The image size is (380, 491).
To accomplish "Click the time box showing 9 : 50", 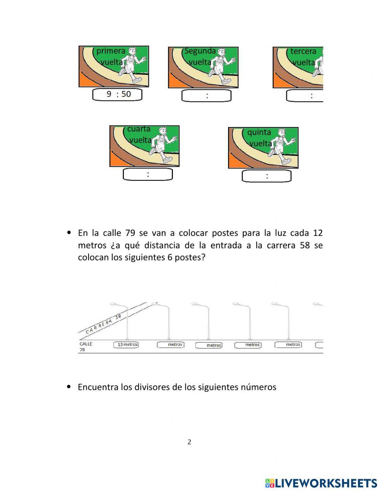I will [117, 94].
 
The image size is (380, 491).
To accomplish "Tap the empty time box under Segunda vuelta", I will [206, 96].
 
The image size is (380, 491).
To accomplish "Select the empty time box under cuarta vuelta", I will [148, 175].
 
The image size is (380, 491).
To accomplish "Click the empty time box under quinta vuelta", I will [267, 176].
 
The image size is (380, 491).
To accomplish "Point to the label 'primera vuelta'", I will [111, 56].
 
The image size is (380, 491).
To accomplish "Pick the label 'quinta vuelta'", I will [260, 138].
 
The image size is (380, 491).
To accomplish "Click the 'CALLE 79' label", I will [85, 346].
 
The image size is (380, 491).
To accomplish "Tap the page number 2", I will [189, 442].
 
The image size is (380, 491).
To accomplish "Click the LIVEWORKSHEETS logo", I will [321, 483].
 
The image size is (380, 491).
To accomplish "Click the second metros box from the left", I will [171, 345].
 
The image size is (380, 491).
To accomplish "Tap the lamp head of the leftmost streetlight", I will [113, 304].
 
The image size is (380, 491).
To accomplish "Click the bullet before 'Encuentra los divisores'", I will [69, 387].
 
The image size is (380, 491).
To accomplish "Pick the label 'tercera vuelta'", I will [304, 57].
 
